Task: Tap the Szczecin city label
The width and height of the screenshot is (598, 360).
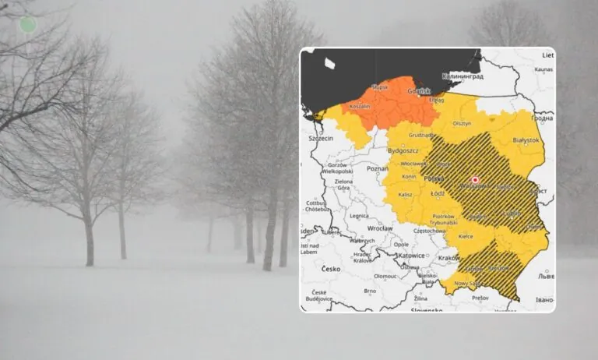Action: (320, 138)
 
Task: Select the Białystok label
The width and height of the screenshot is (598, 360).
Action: (526, 140)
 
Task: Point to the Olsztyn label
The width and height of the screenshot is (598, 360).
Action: (463, 123)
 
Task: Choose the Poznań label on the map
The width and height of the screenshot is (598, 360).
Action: (377, 168)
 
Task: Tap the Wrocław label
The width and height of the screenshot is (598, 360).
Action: (379, 228)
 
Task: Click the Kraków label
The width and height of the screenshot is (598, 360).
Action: (449, 257)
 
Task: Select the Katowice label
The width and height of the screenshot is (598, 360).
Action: (410, 255)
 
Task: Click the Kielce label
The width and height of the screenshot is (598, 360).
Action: (466, 235)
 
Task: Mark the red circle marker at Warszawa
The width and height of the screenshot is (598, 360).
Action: (475, 180)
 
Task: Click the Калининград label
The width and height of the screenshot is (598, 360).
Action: (463, 76)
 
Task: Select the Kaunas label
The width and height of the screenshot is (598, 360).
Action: (543, 69)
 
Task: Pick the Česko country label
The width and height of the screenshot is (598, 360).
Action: (331, 269)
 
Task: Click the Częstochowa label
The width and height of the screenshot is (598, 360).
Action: (430, 231)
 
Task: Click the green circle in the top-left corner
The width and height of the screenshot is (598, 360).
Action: (27, 24)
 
